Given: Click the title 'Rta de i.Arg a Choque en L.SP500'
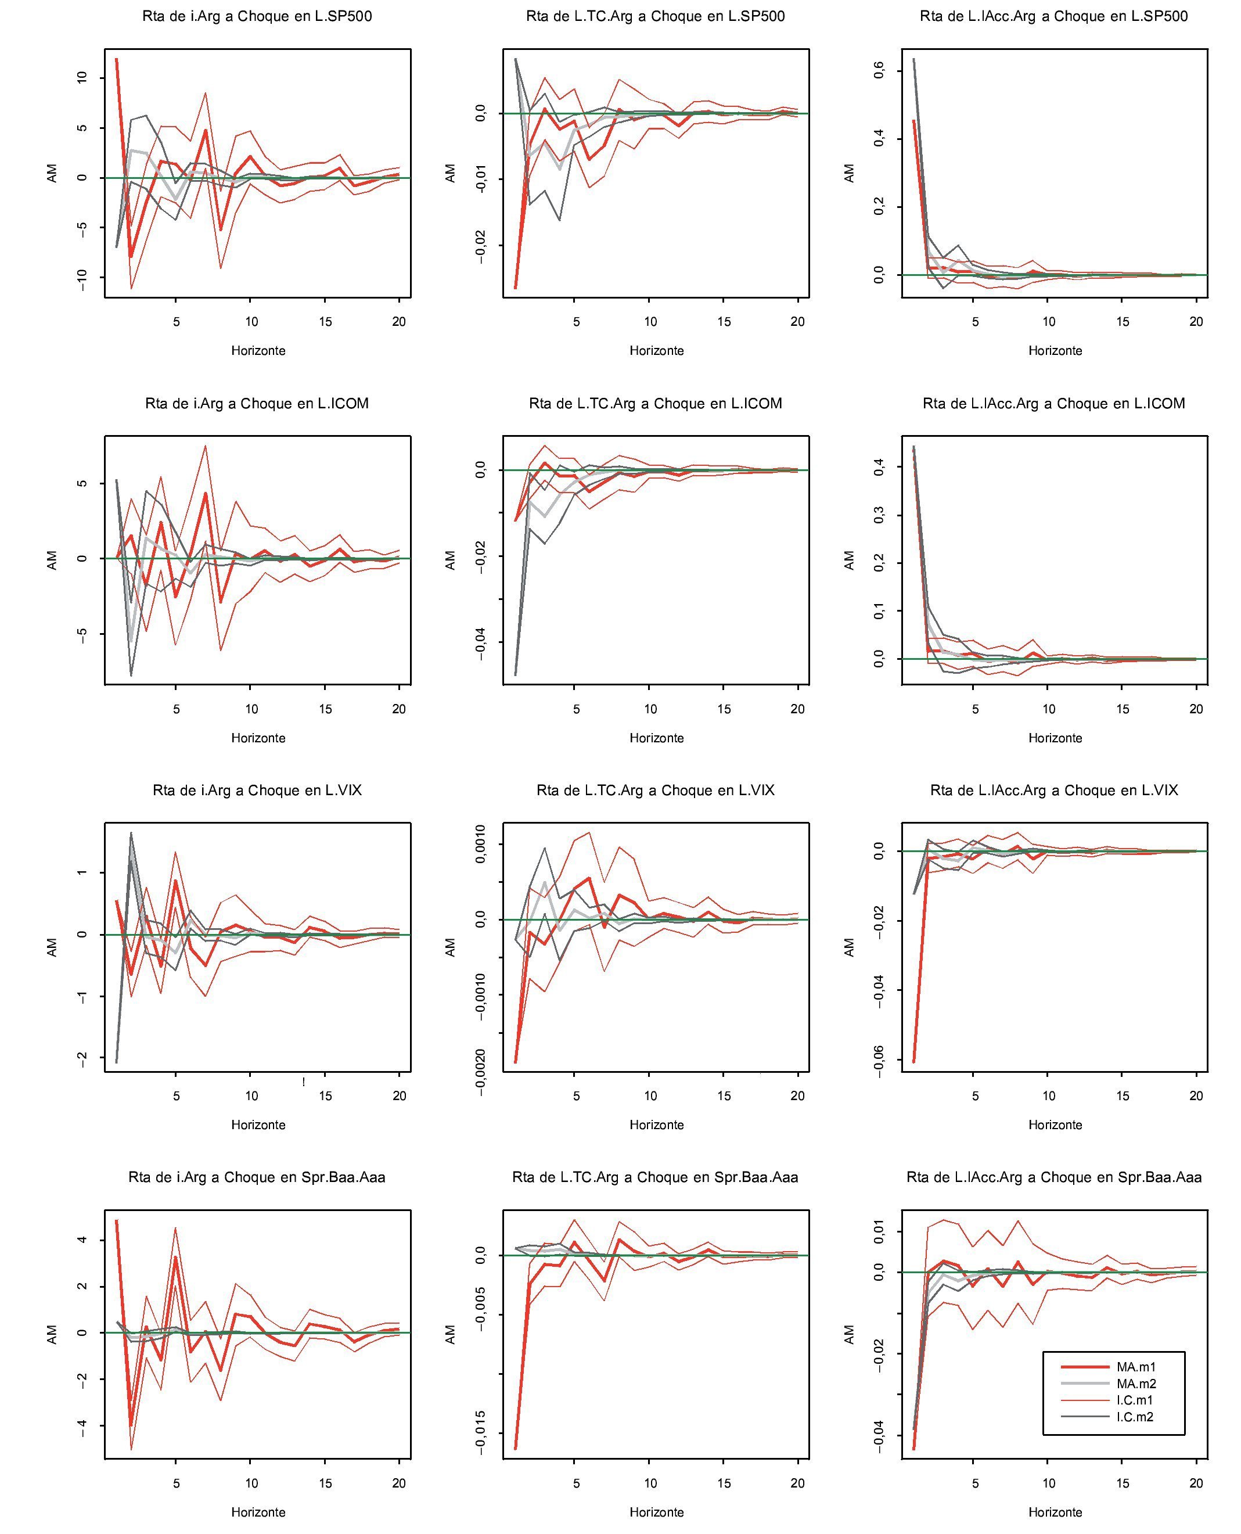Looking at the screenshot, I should pyautogui.click(x=257, y=16).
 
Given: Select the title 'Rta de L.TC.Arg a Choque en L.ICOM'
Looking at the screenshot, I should pyautogui.click(x=656, y=404).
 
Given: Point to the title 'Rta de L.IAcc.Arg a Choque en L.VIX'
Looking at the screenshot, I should pyautogui.click(x=1053, y=791).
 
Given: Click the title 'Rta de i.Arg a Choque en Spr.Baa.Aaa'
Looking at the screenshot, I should pyautogui.click(x=257, y=1177).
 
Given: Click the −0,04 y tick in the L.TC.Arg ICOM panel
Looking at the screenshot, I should pyautogui.click(x=480, y=642).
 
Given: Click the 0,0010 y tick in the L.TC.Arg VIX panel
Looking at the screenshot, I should pyautogui.click(x=480, y=843).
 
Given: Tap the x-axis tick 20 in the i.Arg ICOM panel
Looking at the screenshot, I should pyautogui.click(x=399, y=709).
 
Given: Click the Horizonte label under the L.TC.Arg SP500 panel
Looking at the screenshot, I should pyautogui.click(x=656, y=351).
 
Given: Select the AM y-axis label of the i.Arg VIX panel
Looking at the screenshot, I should pyautogui.click(x=52, y=948).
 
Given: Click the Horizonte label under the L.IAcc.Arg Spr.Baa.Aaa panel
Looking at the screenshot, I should pyautogui.click(x=1055, y=1512).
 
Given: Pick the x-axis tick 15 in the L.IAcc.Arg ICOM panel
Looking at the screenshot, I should pyautogui.click(x=1123, y=709).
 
